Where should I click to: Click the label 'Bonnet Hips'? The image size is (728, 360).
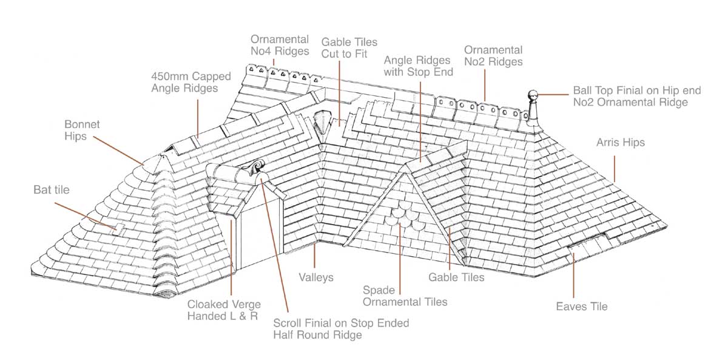(82, 130)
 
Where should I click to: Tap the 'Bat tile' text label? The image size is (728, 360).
(52, 190)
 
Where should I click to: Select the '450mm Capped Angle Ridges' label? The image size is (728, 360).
(184, 83)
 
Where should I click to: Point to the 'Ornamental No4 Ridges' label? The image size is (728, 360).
(279, 46)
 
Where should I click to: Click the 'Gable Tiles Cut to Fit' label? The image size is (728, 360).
(349, 48)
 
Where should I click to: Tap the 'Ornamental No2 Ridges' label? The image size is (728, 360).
(493, 55)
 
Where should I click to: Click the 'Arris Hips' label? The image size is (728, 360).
(619, 143)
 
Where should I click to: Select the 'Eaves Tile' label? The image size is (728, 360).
(581, 307)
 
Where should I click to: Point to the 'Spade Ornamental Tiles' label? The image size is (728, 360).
(405, 296)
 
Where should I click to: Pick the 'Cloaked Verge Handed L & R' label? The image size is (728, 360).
(223, 310)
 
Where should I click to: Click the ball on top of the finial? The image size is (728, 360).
(533, 95)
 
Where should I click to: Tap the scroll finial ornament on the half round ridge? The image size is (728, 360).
(252, 168)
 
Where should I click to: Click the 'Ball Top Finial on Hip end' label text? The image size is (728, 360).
(637, 91)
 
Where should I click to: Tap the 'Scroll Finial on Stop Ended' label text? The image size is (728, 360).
(341, 323)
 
